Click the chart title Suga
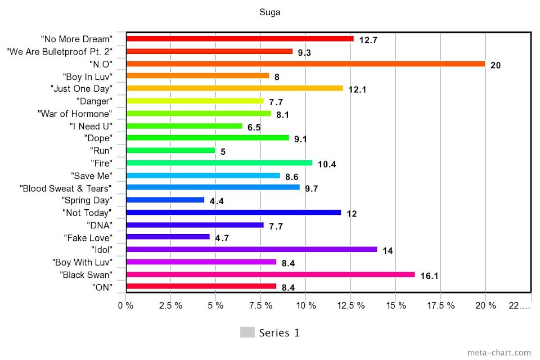(x=269, y=12)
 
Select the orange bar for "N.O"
(x=305, y=64)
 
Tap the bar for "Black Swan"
(x=271, y=274)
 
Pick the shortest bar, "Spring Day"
(x=165, y=200)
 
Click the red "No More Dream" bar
(x=240, y=39)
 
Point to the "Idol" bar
(x=251, y=249)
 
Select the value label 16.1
(x=428, y=276)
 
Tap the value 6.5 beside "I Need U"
(x=254, y=128)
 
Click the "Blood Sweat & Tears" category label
(x=65, y=188)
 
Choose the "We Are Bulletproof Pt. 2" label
(x=59, y=51)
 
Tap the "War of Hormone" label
(x=75, y=114)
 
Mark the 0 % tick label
(x=125, y=305)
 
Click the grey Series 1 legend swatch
(x=247, y=332)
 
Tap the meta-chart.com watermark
(x=499, y=353)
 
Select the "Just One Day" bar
(x=235, y=88)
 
